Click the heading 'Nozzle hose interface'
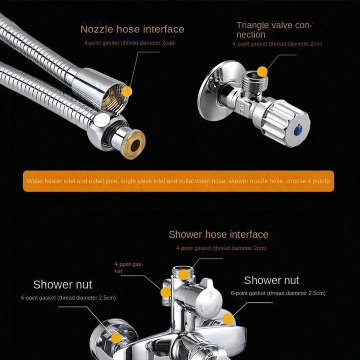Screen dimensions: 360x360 click(132, 29)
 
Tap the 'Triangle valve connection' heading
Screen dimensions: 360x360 click(274, 30)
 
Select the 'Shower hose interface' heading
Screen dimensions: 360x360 click(219, 235)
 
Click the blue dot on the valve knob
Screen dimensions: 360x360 click(298, 130)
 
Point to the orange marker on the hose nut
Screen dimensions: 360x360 click(127, 91)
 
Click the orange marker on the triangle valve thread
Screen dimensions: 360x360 click(262, 71)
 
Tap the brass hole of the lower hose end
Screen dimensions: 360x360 click(135, 146)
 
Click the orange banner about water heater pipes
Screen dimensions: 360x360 click(178, 181)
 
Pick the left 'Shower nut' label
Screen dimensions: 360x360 click(63, 284)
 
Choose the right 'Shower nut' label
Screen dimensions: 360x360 click(271, 280)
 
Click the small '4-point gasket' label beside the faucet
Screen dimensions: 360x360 click(129, 268)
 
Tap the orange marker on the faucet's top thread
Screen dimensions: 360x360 click(183, 274)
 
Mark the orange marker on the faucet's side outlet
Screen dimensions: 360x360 click(166, 292)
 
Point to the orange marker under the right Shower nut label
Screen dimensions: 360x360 click(228, 319)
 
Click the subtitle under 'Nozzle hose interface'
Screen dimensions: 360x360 click(129, 43)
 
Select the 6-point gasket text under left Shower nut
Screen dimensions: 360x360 click(68, 298)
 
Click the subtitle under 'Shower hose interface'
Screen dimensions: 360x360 click(221, 248)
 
